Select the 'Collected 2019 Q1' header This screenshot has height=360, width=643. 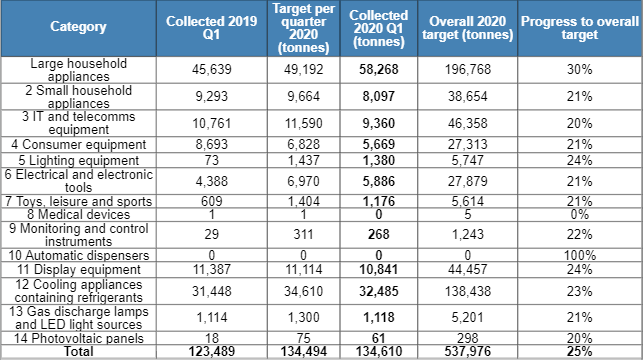click(205, 28)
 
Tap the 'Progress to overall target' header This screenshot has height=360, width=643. click(580, 28)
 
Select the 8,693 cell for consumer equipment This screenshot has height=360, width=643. click(205, 145)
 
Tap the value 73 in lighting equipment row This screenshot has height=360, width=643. click(205, 160)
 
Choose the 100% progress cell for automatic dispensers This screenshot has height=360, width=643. click(580, 255)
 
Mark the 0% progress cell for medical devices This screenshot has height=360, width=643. click(580, 213)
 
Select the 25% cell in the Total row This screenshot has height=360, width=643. click(580, 351)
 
